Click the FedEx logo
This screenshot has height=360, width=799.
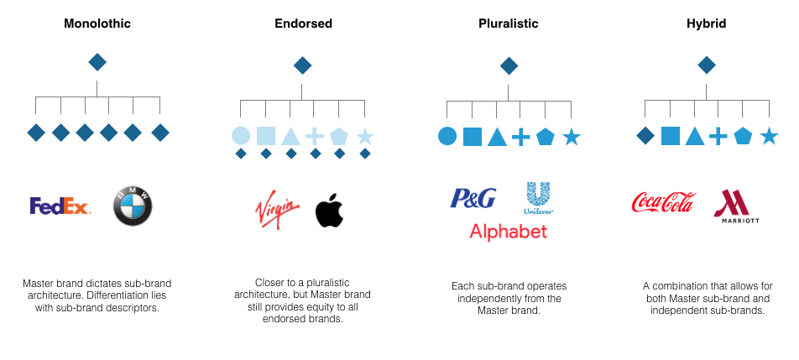[x=60, y=206]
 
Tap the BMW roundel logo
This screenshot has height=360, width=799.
[x=133, y=206]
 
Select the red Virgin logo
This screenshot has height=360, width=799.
[x=276, y=209]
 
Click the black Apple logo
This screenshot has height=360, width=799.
[x=329, y=211]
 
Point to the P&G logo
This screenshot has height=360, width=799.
[x=473, y=198]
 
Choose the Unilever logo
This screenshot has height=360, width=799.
[x=538, y=199]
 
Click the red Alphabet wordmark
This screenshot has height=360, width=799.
[x=508, y=231]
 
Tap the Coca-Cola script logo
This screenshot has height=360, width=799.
[x=663, y=203]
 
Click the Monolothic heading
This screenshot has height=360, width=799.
[x=97, y=23]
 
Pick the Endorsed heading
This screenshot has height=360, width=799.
[x=303, y=23]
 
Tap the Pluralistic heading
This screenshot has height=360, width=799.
[x=509, y=23]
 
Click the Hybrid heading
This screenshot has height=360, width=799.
[x=706, y=23]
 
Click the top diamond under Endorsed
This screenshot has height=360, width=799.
[x=303, y=65]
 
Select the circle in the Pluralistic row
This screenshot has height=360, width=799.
[x=447, y=136]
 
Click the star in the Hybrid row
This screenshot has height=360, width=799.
[x=768, y=136]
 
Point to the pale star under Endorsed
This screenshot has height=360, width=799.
[x=364, y=136]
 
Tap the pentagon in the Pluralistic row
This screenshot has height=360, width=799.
[x=546, y=136]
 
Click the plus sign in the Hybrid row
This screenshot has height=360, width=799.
[x=718, y=136]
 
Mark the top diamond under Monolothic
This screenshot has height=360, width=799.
[x=97, y=61]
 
